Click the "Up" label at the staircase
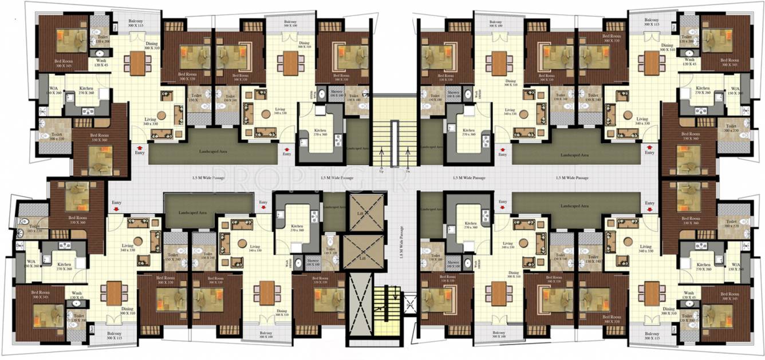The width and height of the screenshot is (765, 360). pyautogui.click(x=381, y=171)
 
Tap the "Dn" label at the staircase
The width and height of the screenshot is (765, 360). pyautogui.click(x=407, y=171)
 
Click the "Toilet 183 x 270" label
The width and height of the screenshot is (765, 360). pyautogui.click(x=28, y=228)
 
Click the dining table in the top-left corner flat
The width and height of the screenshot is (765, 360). pyautogui.click(x=137, y=63)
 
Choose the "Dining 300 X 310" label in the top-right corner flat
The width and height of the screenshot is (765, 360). pyautogui.click(x=667, y=48)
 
